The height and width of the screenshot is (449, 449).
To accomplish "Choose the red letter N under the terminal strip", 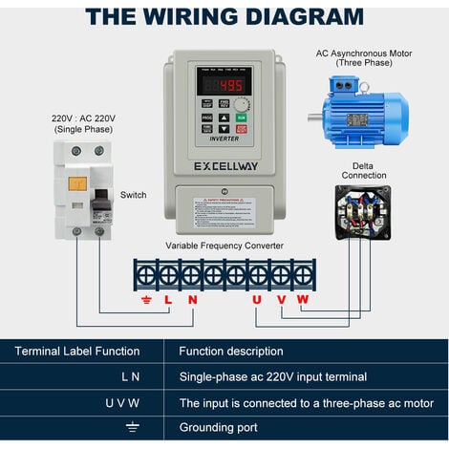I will (192, 300).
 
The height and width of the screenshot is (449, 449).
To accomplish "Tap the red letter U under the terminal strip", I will (256, 300).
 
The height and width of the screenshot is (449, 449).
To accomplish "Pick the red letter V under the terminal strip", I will (280, 300).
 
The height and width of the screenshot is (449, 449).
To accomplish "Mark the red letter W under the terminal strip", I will (303, 300).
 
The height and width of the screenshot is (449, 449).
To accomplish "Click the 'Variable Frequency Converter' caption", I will (224, 246).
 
